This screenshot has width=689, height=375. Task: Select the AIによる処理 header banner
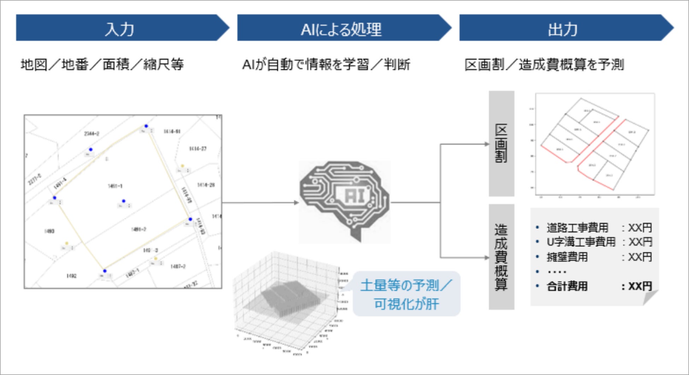click(341, 28)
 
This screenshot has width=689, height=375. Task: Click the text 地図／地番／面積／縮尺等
click(102, 65)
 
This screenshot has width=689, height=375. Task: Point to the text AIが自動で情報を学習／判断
click(326, 65)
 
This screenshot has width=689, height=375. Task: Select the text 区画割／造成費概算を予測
click(544, 65)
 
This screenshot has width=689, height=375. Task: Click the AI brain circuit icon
click(344, 201)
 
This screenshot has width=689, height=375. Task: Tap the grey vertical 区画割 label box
click(501, 143)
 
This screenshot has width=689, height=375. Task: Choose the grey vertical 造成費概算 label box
click(501, 257)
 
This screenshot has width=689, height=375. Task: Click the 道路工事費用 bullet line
click(577, 228)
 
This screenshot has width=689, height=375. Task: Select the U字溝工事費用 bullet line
click(581, 242)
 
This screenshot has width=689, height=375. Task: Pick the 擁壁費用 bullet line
click(567, 257)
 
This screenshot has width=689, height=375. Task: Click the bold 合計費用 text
click(567, 286)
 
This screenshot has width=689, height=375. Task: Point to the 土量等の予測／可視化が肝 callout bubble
click(406, 294)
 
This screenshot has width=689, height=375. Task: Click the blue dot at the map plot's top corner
click(146, 126)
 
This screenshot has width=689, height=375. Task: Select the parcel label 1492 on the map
click(71, 276)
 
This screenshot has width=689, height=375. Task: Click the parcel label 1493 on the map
click(49, 231)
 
